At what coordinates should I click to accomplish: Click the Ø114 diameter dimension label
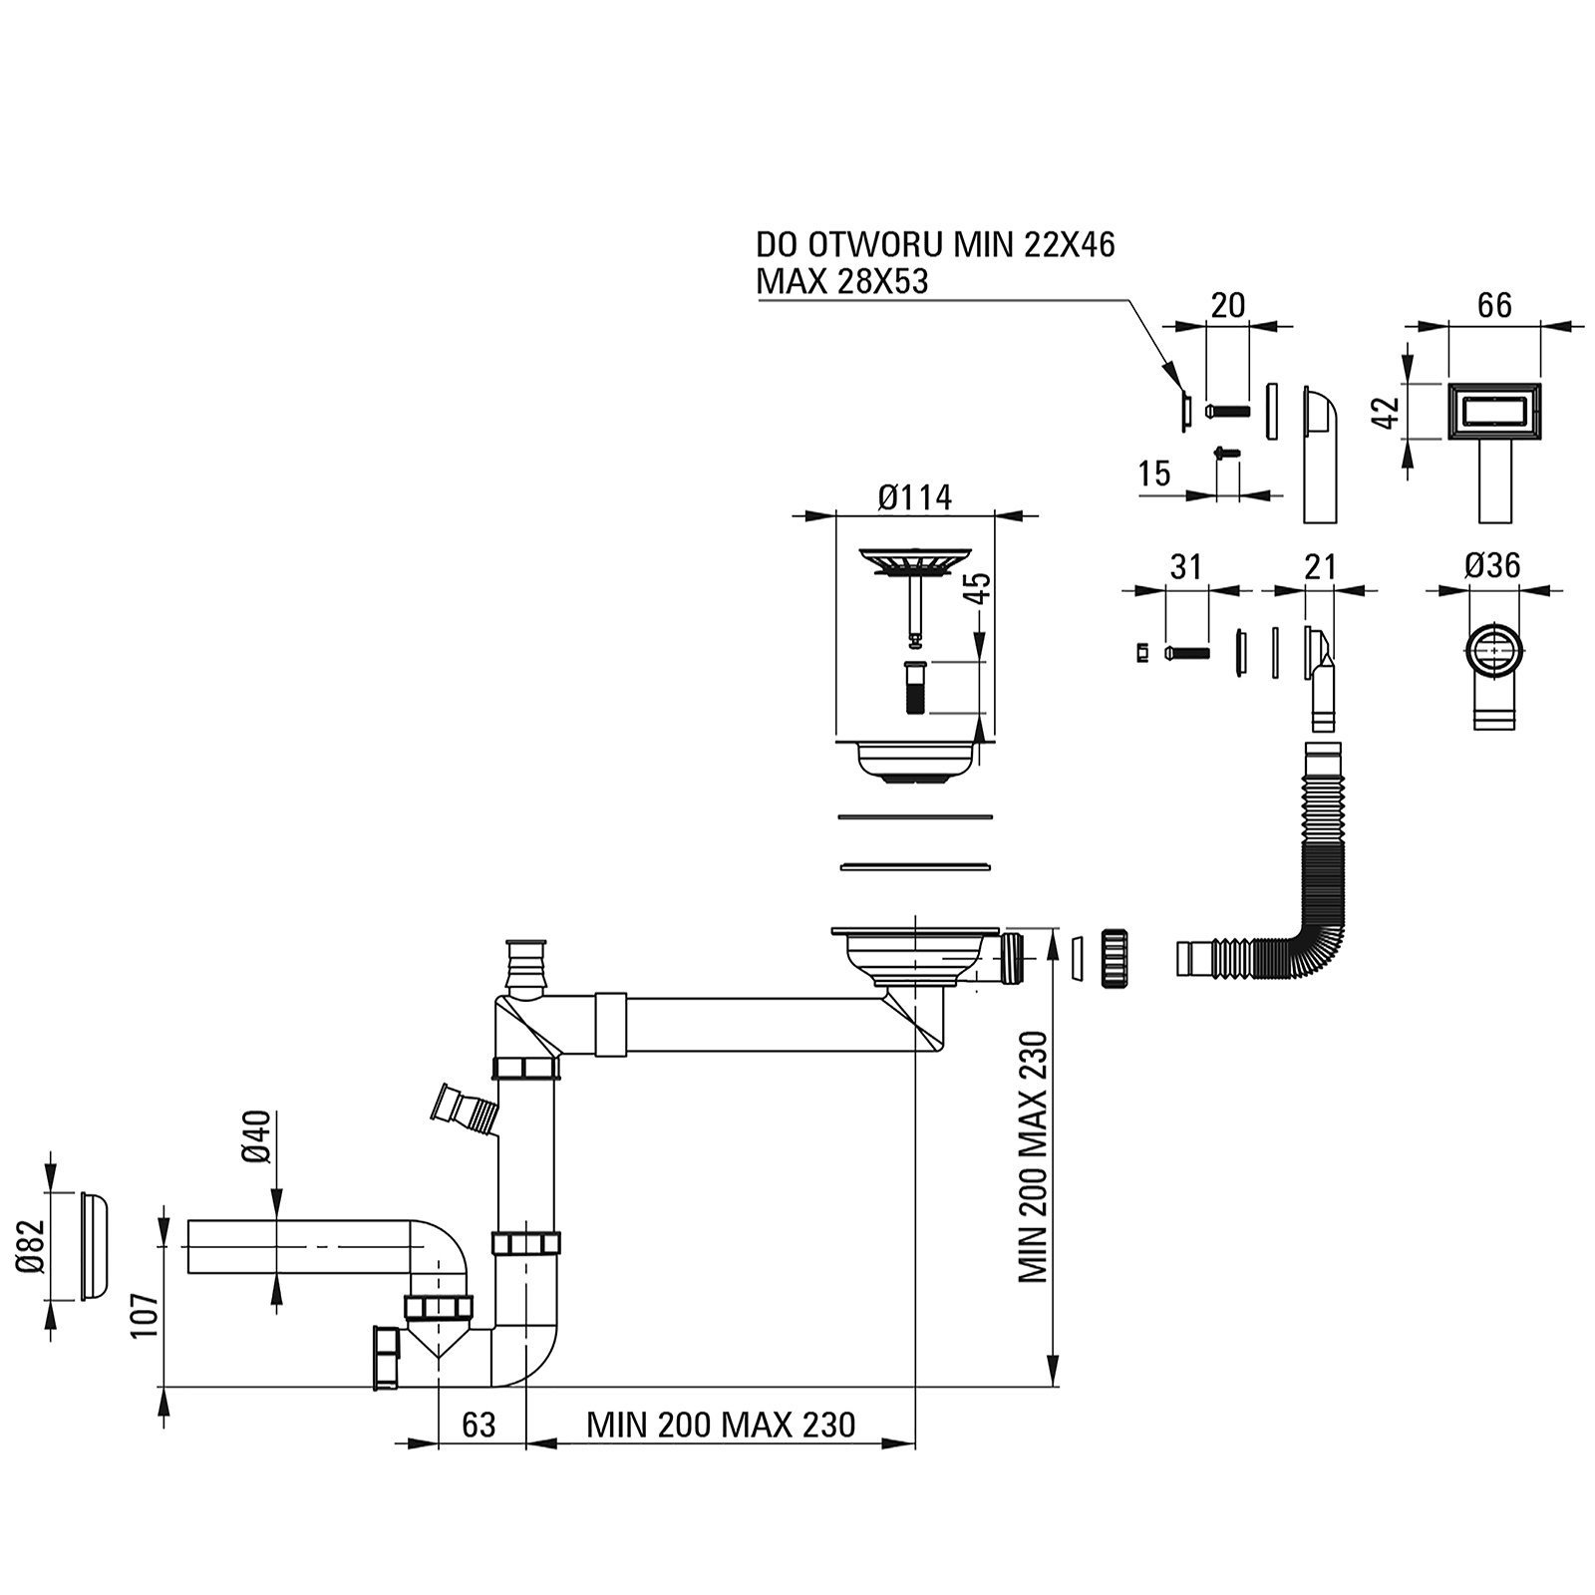click(914, 496)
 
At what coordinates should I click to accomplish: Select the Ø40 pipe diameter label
click(258, 1137)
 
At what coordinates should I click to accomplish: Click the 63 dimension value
click(478, 1425)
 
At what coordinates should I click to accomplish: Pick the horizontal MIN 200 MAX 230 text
click(720, 1425)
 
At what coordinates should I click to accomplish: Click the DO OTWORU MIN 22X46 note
click(934, 244)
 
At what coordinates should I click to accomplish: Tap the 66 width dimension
click(1493, 305)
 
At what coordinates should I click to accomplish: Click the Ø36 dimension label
click(1492, 566)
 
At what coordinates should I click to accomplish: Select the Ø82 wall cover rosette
click(92, 1246)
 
